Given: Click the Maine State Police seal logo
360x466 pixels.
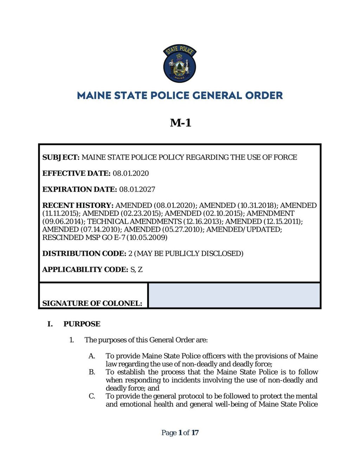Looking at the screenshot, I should click(x=180, y=64).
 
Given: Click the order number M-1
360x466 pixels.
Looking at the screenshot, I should click(x=180, y=122).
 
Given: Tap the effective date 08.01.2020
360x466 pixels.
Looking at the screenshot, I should click(x=131, y=173).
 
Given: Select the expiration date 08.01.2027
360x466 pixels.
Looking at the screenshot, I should click(x=137, y=189).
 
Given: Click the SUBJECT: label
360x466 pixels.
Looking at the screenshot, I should click(x=61, y=157).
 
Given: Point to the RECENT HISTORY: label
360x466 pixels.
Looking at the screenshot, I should click(x=78, y=205).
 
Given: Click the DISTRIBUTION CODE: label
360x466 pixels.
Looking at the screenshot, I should click(x=84, y=254).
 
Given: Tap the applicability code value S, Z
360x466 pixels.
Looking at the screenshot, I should click(x=136, y=270).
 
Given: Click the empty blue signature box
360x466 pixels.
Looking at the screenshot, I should click(x=234, y=295).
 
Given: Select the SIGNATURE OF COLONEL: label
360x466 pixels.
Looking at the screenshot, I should click(x=92, y=303).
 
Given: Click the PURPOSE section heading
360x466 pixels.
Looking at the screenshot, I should click(x=82, y=324).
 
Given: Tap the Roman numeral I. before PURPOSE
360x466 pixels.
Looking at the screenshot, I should click(x=50, y=324).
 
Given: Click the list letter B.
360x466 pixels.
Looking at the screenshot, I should click(x=92, y=372).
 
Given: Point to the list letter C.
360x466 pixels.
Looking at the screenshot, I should click(x=92, y=396).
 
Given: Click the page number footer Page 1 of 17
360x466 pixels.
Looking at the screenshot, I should click(x=180, y=433).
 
